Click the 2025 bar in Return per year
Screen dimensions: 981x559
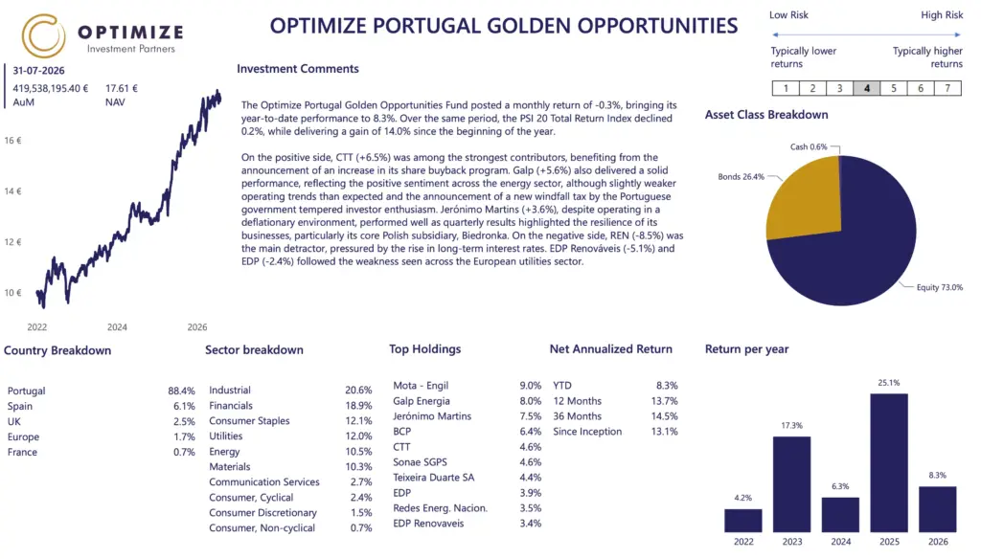(889, 462)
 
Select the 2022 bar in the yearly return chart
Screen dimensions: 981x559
(743, 520)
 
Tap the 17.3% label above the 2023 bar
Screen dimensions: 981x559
(791, 425)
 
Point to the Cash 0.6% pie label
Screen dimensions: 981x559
(809, 147)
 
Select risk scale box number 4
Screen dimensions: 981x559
(866, 88)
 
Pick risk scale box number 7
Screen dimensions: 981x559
(947, 88)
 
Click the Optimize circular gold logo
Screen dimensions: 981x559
(43, 35)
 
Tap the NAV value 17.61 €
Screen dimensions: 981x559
(122, 89)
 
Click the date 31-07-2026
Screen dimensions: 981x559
(38, 71)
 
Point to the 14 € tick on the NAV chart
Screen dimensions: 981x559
(12, 191)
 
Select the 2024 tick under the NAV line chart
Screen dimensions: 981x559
(117, 327)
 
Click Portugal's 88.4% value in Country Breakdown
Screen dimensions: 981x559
(181, 391)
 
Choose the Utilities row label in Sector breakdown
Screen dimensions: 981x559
(226, 436)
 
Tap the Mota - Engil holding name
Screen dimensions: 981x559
(421, 386)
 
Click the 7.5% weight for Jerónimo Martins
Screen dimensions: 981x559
(531, 416)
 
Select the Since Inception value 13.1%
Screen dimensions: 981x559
(665, 432)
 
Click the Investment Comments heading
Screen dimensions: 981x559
(298, 69)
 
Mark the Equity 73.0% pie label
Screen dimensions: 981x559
(940, 287)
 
